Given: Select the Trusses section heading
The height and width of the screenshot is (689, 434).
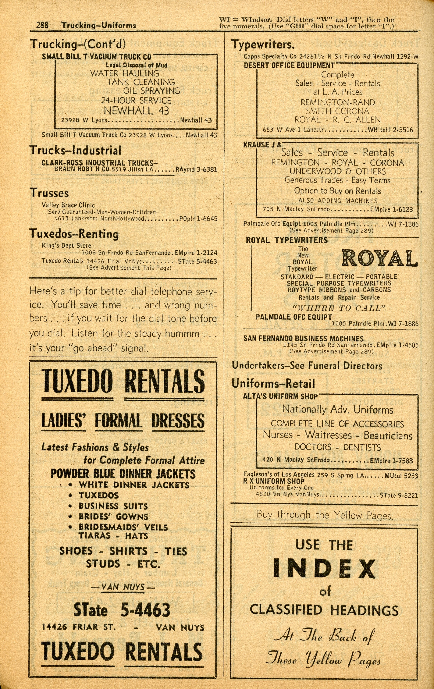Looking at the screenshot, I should [x=49, y=193].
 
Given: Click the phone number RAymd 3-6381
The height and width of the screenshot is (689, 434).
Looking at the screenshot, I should [x=196, y=169].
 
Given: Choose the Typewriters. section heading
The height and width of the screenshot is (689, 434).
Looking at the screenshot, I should [x=263, y=45].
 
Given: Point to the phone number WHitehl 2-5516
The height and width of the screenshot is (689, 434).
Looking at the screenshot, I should [x=390, y=130].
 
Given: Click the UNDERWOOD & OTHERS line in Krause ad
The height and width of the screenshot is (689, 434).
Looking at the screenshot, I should [x=338, y=171].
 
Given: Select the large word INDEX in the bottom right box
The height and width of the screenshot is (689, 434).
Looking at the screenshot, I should [x=324, y=569].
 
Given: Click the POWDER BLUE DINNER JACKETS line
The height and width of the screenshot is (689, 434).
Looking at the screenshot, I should [x=123, y=474].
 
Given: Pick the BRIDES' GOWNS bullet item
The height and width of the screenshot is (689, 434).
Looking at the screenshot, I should [x=113, y=517].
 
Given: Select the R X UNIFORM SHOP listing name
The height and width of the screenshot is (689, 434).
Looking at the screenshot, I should [x=274, y=481].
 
